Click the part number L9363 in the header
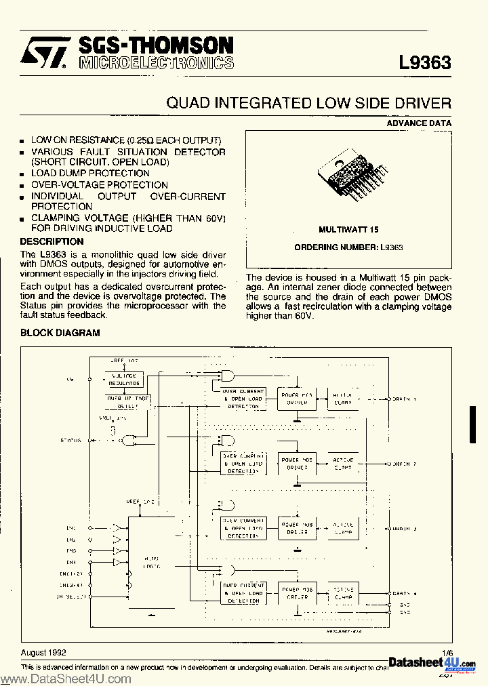tap(425, 63)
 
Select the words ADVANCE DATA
tap(419, 123)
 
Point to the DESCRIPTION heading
tap(52, 241)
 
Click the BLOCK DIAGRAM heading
tap(60, 333)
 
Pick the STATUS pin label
tap(70, 440)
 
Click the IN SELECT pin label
tap(69, 597)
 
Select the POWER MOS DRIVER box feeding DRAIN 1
tap(297, 399)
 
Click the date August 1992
tap(43, 652)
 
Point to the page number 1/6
tap(446, 652)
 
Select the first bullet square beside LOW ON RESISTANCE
tap(24, 141)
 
